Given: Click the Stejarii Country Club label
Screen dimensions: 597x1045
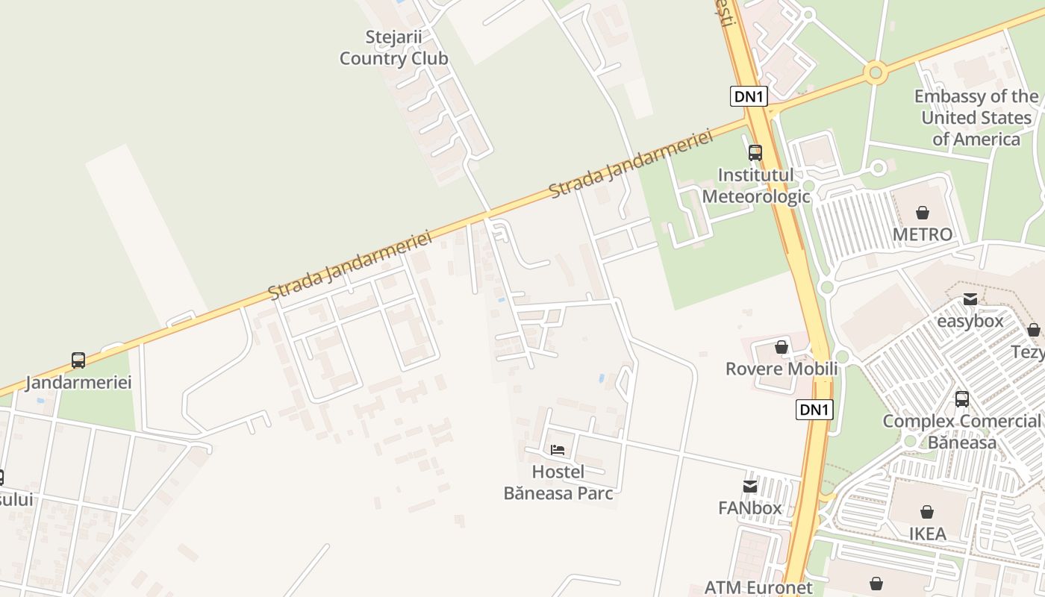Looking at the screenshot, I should click(x=393, y=48).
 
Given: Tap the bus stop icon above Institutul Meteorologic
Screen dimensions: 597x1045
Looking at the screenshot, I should click(x=755, y=153).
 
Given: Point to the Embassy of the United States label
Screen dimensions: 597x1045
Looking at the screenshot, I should click(x=976, y=118).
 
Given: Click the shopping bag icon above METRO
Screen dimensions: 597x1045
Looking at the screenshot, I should click(x=923, y=213).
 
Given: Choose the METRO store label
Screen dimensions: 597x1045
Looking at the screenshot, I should click(x=923, y=235).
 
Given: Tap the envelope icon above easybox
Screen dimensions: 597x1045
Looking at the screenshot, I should click(x=970, y=300).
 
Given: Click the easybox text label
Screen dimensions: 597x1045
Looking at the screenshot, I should click(x=970, y=322).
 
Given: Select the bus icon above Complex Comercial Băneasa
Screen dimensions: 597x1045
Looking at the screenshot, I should click(x=962, y=399).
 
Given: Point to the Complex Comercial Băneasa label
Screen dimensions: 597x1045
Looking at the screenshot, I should click(x=961, y=431).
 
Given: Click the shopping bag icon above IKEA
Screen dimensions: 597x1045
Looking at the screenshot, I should click(x=926, y=512).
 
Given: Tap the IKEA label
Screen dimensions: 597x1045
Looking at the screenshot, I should click(x=927, y=534).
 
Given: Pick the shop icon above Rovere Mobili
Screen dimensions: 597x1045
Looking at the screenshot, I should click(x=782, y=347).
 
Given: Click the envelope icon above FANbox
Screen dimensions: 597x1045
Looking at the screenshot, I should click(x=750, y=487).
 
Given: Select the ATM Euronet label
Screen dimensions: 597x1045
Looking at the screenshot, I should click(x=758, y=588).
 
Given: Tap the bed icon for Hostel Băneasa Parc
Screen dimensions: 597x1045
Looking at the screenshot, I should click(x=558, y=450).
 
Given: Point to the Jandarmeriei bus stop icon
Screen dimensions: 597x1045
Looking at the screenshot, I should click(x=78, y=360).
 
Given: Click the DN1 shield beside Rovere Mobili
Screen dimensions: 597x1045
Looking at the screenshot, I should click(x=814, y=410).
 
